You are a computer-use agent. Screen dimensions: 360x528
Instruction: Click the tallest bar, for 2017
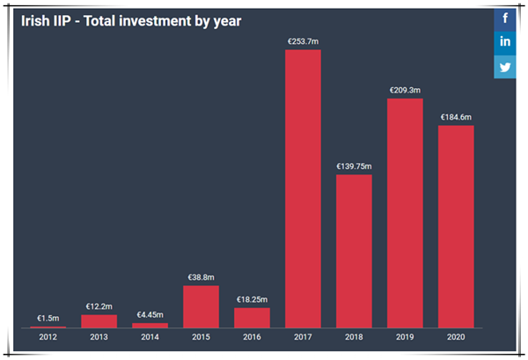303,188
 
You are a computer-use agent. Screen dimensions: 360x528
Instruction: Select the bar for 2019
405,213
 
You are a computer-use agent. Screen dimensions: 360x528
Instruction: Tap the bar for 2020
456,226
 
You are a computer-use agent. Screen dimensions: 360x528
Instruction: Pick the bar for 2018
354,251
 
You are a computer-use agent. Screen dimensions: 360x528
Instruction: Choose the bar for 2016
252,317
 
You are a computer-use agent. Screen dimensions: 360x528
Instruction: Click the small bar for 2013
99,321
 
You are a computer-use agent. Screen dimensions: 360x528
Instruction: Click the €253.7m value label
303,40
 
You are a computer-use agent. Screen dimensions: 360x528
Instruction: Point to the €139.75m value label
354,165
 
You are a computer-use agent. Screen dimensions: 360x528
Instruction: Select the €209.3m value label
405,90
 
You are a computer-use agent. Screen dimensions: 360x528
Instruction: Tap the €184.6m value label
456,117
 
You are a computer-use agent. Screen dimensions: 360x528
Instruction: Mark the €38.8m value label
201,277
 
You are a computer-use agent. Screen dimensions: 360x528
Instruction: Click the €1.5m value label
48,318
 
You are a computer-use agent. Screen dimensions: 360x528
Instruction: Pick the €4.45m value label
150,314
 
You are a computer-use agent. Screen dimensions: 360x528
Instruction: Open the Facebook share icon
505,18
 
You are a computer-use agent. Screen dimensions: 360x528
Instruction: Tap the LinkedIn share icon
505,42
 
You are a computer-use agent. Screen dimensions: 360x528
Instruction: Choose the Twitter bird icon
505,67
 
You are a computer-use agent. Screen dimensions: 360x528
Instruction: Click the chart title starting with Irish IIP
131,19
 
